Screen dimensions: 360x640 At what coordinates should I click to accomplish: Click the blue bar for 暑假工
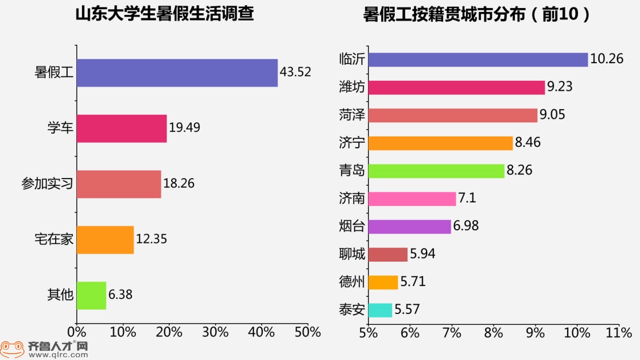177,73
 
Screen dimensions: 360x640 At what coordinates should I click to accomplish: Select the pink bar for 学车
122,129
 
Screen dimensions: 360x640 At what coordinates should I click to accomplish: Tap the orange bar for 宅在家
105,240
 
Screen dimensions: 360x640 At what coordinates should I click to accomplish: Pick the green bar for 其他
92,295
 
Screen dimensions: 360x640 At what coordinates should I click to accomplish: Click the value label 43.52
295,72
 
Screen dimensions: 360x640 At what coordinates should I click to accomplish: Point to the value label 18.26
179,184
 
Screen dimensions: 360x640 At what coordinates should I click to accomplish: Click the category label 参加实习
47,184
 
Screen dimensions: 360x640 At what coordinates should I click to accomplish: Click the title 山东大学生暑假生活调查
165,14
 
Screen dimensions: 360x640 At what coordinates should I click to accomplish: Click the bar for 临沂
478,59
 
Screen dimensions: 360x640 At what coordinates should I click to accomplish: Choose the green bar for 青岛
436,171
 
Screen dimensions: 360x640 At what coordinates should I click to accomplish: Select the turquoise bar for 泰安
380,310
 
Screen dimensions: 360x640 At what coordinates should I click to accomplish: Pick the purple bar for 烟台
410,226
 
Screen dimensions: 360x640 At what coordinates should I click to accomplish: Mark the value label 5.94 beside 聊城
423,254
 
